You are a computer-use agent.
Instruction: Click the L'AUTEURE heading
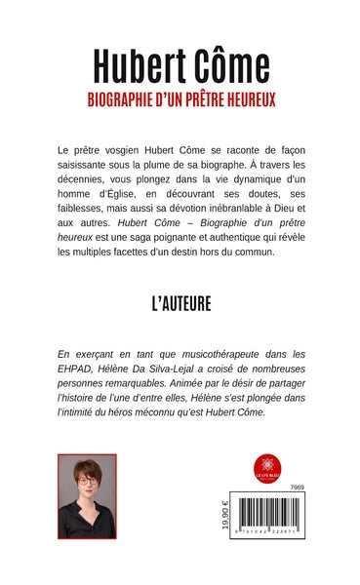180,304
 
